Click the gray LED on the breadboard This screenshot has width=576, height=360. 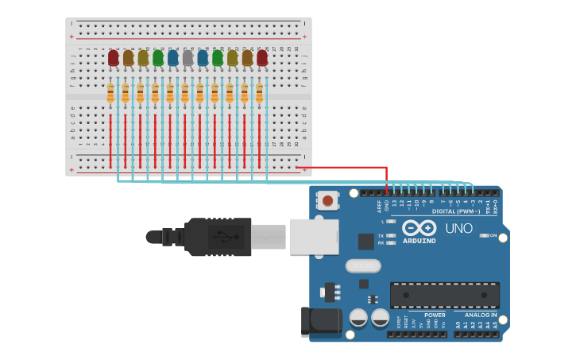pyautogui.click(x=187, y=57)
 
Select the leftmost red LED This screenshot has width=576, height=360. pyautogui.click(x=114, y=57)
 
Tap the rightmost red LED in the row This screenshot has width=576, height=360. pyautogui.click(x=262, y=57)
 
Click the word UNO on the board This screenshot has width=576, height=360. pyautogui.click(x=458, y=228)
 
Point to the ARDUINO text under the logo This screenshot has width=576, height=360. pyautogui.click(x=419, y=241)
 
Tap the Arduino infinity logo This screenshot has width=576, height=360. pyautogui.click(x=419, y=228)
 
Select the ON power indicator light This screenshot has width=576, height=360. pyautogui.click(x=484, y=235)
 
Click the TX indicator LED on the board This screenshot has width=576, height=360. pyautogui.click(x=391, y=235)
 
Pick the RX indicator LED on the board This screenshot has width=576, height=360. pyautogui.click(x=391, y=243)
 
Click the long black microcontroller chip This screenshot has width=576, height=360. pyautogui.click(x=444, y=295)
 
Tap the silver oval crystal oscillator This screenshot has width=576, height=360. pyautogui.click(x=362, y=265)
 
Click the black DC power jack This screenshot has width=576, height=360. pyautogui.click(x=321, y=322)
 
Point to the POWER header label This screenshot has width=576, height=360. pyautogui.click(x=435, y=315)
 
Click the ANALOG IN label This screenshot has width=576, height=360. pyautogui.click(x=481, y=315)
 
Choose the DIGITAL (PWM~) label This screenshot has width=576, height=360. pyautogui.click(x=455, y=211)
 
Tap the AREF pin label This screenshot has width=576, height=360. pyautogui.click(x=379, y=206)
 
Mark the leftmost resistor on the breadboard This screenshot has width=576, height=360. pyautogui.click(x=110, y=94)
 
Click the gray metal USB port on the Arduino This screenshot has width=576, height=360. pyautogui.click(x=314, y=237)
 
